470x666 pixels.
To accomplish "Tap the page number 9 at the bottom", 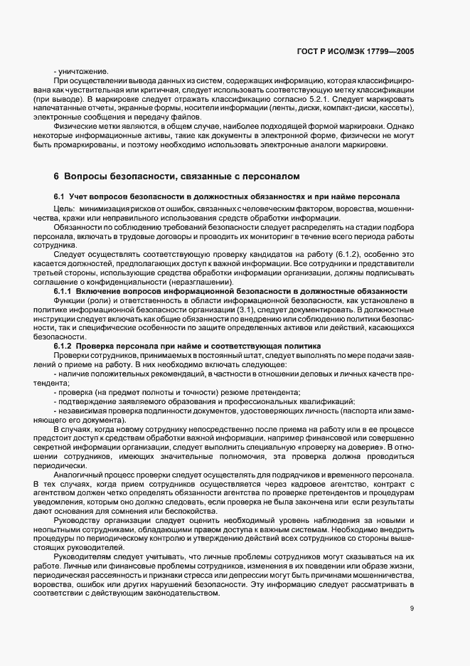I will click(x=412, y=608).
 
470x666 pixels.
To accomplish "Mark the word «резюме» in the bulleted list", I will click(x=220, y=393).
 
